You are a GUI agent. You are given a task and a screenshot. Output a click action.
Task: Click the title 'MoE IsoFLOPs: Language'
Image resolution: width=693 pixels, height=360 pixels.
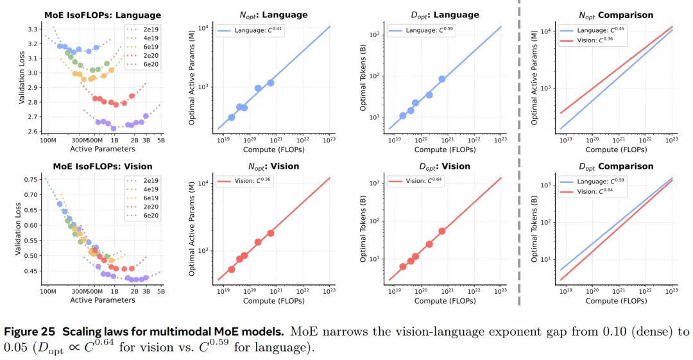(103, 15)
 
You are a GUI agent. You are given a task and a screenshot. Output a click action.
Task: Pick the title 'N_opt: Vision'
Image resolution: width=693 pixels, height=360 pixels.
(278, 166)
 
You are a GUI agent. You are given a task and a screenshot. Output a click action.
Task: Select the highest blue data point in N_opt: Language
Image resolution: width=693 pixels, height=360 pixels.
(270, 83)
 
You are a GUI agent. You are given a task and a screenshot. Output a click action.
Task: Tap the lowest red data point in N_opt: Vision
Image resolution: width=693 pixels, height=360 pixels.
(232, 270)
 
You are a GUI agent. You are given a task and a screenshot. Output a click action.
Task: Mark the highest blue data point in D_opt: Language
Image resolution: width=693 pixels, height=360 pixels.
(442, 79)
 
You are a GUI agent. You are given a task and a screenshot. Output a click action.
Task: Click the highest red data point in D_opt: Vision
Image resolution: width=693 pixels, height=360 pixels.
(442, 231)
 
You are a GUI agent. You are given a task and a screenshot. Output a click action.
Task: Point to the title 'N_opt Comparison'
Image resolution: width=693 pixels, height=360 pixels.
(606, 15)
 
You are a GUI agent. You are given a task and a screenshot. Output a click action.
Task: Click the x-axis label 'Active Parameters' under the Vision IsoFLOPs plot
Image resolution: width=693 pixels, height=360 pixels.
(103, 300)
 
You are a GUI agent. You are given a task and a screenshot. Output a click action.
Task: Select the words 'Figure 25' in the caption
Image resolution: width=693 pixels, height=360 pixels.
(30, 332)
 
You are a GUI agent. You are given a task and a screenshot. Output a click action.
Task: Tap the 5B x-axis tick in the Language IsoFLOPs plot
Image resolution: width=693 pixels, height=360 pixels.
(160, 140)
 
